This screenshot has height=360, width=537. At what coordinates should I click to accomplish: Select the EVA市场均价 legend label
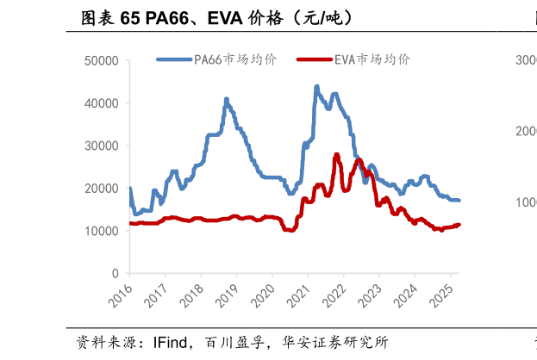coord(372,59)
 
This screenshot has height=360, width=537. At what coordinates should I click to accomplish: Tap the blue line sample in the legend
coord(174,59)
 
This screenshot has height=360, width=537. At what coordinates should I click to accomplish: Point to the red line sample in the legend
coord(314,59)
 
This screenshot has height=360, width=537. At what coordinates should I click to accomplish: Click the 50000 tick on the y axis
coord(101,61)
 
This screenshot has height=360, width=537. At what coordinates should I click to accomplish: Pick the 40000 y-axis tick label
coord(101,103)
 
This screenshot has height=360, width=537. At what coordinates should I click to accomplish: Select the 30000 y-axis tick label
coord(101,146)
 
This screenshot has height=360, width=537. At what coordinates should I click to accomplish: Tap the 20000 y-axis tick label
coord(101,188)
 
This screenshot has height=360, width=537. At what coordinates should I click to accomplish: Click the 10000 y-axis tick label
coord(101,231)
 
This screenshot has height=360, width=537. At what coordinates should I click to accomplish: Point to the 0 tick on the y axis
coord(115,273)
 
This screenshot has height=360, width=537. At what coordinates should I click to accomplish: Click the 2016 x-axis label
coord(121,294)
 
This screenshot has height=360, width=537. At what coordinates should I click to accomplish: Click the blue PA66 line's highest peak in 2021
coord(316,87)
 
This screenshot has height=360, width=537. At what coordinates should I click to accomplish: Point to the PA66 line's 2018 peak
coord(227,99)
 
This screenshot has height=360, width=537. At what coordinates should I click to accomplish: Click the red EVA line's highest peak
coord(337,154)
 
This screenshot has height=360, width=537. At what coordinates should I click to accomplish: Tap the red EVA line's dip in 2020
coord(289,230)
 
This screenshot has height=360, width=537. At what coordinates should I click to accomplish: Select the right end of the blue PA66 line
coord(459,200)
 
